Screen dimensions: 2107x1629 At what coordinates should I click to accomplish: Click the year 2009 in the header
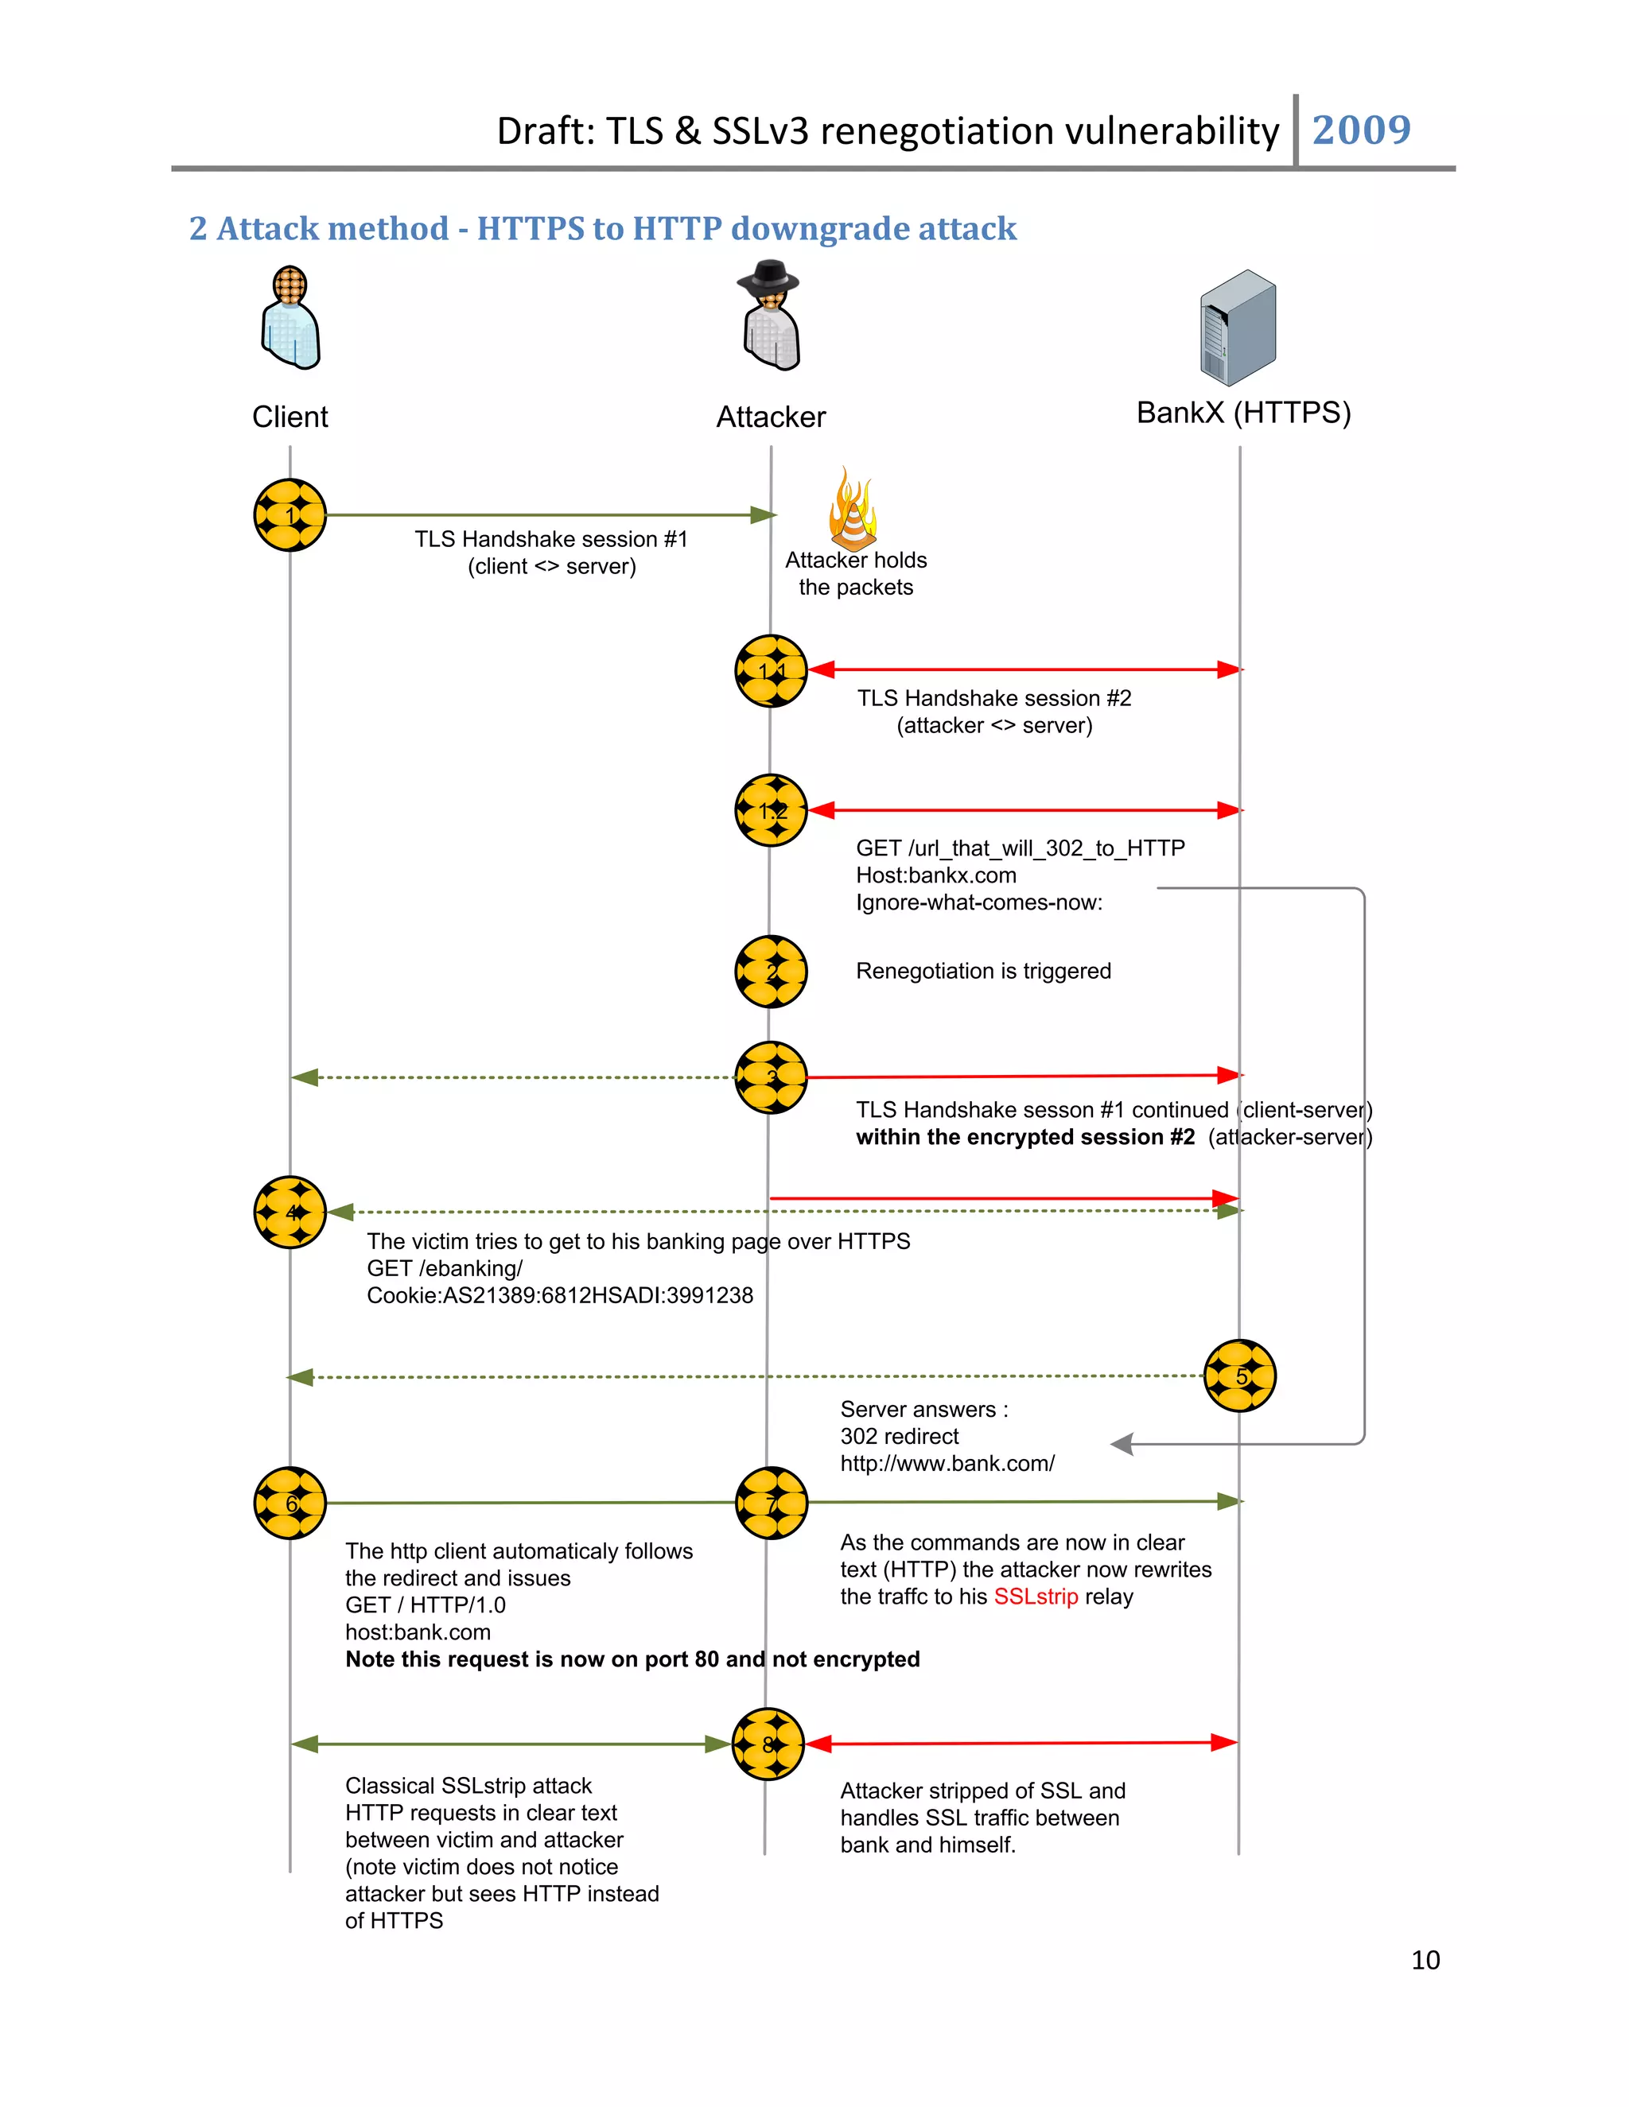coord(1361,130)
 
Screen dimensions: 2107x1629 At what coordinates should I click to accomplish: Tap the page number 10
coord(1425,1959)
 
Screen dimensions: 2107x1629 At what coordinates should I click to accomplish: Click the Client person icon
coord(290,318)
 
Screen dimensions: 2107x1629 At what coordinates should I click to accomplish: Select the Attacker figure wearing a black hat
coord(770,316)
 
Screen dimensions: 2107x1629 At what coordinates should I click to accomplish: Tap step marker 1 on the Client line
coord(290,515)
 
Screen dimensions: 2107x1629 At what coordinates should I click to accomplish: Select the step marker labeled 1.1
coord(771,670)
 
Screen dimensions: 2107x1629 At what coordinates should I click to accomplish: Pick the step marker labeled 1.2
coord(771,810)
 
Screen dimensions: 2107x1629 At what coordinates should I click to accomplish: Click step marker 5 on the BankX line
coord(1240,1376)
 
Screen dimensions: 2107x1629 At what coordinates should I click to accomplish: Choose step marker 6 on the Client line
coord(290,1503)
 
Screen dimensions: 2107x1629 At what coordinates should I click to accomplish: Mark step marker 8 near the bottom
coord(768,1744)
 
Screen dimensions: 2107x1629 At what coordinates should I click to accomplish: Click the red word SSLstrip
coord(1036,1597)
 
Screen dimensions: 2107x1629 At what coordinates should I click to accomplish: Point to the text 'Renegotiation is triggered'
coord(982,971)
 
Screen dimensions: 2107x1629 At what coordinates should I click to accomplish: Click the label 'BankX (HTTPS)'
coord(1243,413)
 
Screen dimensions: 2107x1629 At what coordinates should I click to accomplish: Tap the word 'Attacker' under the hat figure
coord(770,417)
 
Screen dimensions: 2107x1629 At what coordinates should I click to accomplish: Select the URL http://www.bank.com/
coord(947,1464)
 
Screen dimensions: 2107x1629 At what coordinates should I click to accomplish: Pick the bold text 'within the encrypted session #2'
coord(1024,1138)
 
